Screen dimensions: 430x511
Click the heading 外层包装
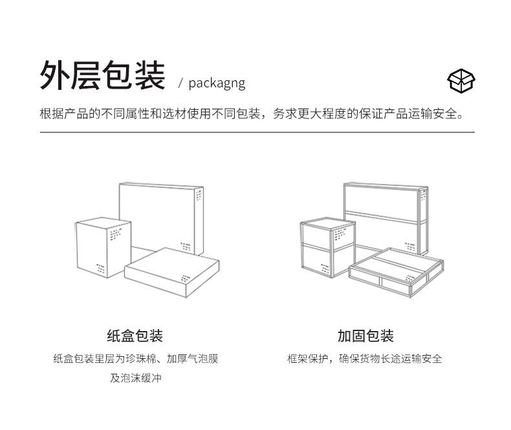102,75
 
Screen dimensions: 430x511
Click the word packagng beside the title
217,83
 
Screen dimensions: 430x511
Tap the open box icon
461,80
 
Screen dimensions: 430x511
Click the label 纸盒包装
135,336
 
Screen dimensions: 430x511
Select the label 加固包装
365,336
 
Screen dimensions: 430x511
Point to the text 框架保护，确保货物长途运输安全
365,359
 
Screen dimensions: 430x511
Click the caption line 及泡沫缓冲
135,378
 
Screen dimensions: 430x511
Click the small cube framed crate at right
327,249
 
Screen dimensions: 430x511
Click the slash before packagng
181,83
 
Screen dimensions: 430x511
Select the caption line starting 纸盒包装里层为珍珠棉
135,359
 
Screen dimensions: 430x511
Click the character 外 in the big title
55,75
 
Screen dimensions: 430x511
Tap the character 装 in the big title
149,75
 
